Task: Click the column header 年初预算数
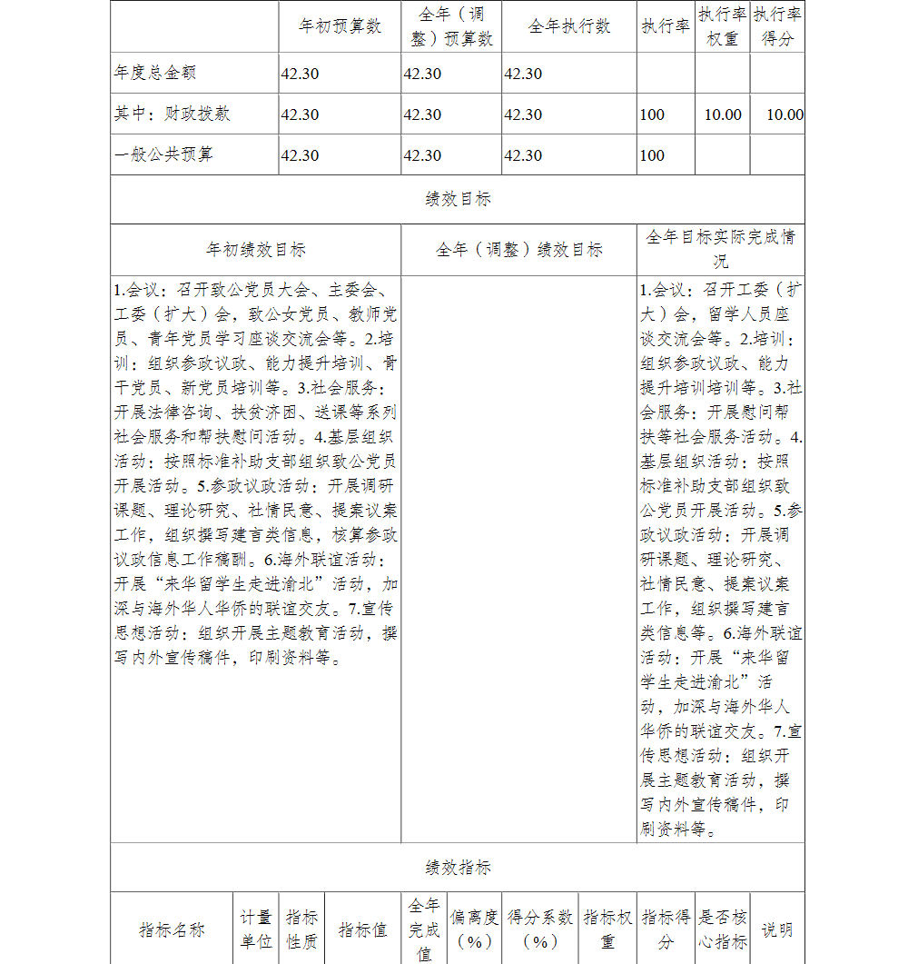(340, 26)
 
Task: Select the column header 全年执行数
(568, 26)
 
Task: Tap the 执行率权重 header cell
(723, 26)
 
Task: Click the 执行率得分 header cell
(777, 26)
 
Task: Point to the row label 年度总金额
(155, 73)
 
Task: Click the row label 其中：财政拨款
(173, 114)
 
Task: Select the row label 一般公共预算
(164, 154)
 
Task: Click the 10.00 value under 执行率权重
(723, 114)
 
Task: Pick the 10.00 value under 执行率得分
(785, 114)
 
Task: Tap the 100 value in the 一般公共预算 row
(652, 155)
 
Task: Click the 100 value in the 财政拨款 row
(652, 114)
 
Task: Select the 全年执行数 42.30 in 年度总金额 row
(523, 74)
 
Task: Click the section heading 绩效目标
(458, 199)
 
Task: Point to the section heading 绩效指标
(458, 868)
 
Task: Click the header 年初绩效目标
(255, 249)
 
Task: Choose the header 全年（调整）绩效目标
(518, 249)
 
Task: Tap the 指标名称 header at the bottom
(173, 929)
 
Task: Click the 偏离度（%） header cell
(474, 929)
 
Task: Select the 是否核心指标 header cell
(723, 929)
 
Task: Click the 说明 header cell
(777, 929)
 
